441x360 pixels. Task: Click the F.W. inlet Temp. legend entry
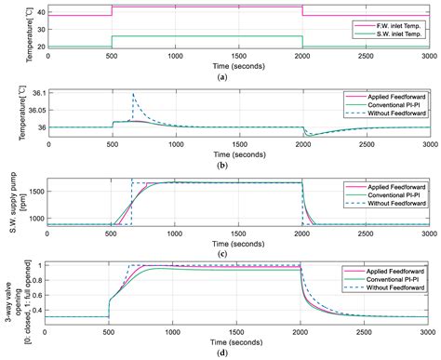click(397, 24)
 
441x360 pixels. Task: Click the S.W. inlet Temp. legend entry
click(397, 33)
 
